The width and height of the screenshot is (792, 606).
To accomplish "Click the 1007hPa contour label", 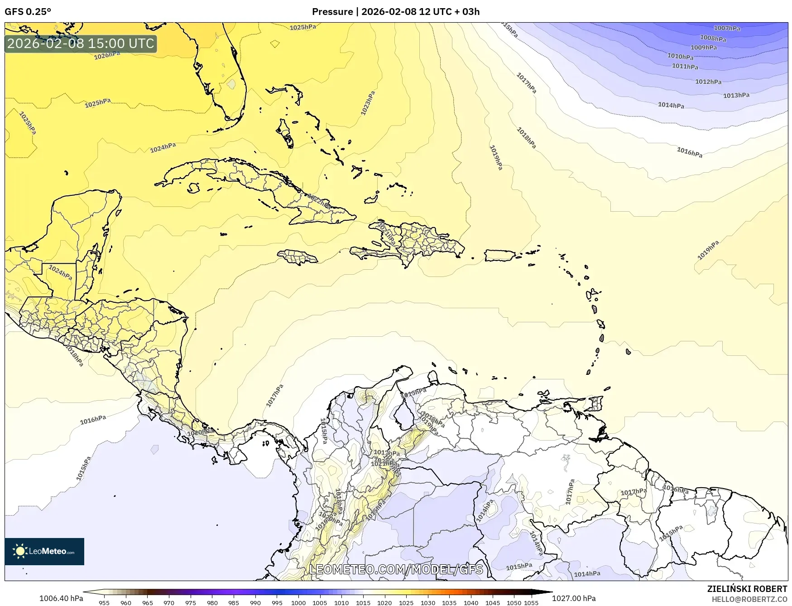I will (727, 28).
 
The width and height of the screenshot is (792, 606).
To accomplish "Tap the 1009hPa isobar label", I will (703, 48).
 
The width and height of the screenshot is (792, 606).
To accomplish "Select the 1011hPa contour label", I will (685, 66).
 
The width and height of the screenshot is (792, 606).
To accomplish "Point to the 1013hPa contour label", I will (736, 95).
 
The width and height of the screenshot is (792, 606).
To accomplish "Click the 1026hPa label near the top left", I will (107, 55).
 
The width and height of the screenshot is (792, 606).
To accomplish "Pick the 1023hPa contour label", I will (368, 103).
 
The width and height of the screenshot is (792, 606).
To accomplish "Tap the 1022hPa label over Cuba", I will (319, 201).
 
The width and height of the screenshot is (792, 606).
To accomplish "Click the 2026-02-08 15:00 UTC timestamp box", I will (81, 44).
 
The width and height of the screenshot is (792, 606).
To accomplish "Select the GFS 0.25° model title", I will (28, 12).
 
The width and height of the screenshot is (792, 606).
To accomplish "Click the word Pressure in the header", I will (332, 12).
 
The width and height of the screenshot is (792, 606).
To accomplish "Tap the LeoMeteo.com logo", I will (44, 551).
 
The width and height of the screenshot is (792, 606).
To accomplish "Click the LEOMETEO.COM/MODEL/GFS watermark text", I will (396, 569).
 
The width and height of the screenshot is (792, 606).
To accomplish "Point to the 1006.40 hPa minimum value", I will (61, 598).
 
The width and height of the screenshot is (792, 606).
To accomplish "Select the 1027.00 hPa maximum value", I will (574, 598).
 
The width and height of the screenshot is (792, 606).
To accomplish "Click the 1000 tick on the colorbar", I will (298, 603).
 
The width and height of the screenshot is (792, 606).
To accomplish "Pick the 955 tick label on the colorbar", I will (104, 603).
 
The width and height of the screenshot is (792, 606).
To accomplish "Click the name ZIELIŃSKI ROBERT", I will (747, 589).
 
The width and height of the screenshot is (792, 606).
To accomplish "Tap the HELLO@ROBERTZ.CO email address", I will (749, 599).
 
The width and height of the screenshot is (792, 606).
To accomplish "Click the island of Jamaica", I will (298, 257).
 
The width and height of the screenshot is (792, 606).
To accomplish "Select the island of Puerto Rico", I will (500, 256).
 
